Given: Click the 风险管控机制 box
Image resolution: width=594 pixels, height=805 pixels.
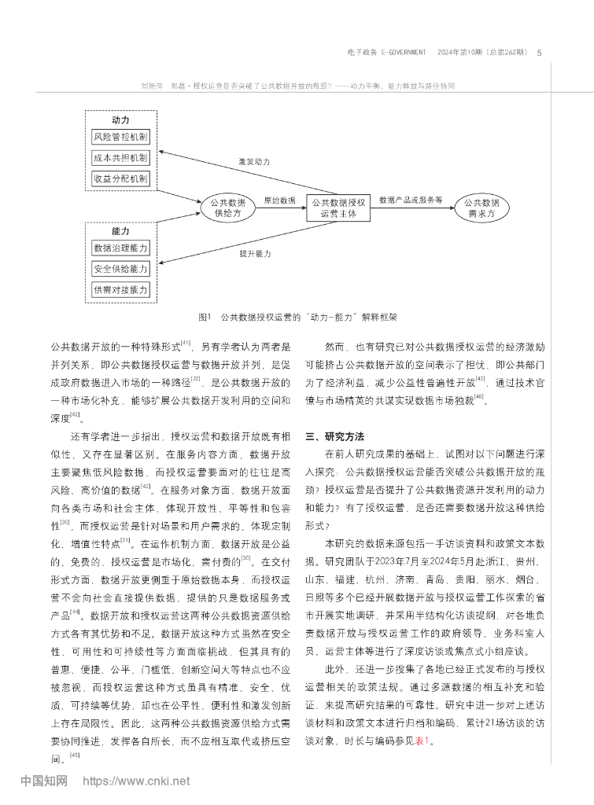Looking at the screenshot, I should (120, 136).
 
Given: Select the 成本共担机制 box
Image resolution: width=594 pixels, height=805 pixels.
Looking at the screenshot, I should (120, 157).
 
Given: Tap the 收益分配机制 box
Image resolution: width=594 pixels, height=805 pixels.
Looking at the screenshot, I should (120, 178).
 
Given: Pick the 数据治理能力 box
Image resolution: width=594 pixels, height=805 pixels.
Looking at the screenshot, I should (120, 248).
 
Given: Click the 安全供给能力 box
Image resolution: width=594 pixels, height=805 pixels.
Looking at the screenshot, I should (120, 269).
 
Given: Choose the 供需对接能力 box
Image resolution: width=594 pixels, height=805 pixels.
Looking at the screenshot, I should (120, 290).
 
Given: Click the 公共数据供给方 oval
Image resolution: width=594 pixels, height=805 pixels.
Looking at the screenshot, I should (229, 207).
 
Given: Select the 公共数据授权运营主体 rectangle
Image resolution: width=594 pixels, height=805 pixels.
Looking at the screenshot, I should (338, 207).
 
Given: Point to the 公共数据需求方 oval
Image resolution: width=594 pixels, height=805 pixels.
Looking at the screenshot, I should (482, 207).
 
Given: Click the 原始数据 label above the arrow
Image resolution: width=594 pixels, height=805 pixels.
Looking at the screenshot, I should (279, 200).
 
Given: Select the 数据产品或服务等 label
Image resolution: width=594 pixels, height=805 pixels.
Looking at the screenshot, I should (410, 200).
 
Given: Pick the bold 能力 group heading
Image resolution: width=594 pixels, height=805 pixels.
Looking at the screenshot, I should (120, 233).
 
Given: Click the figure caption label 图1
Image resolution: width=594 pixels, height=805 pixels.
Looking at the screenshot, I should (205, 318).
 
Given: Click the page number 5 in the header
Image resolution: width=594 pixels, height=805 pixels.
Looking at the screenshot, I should (538, 53).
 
